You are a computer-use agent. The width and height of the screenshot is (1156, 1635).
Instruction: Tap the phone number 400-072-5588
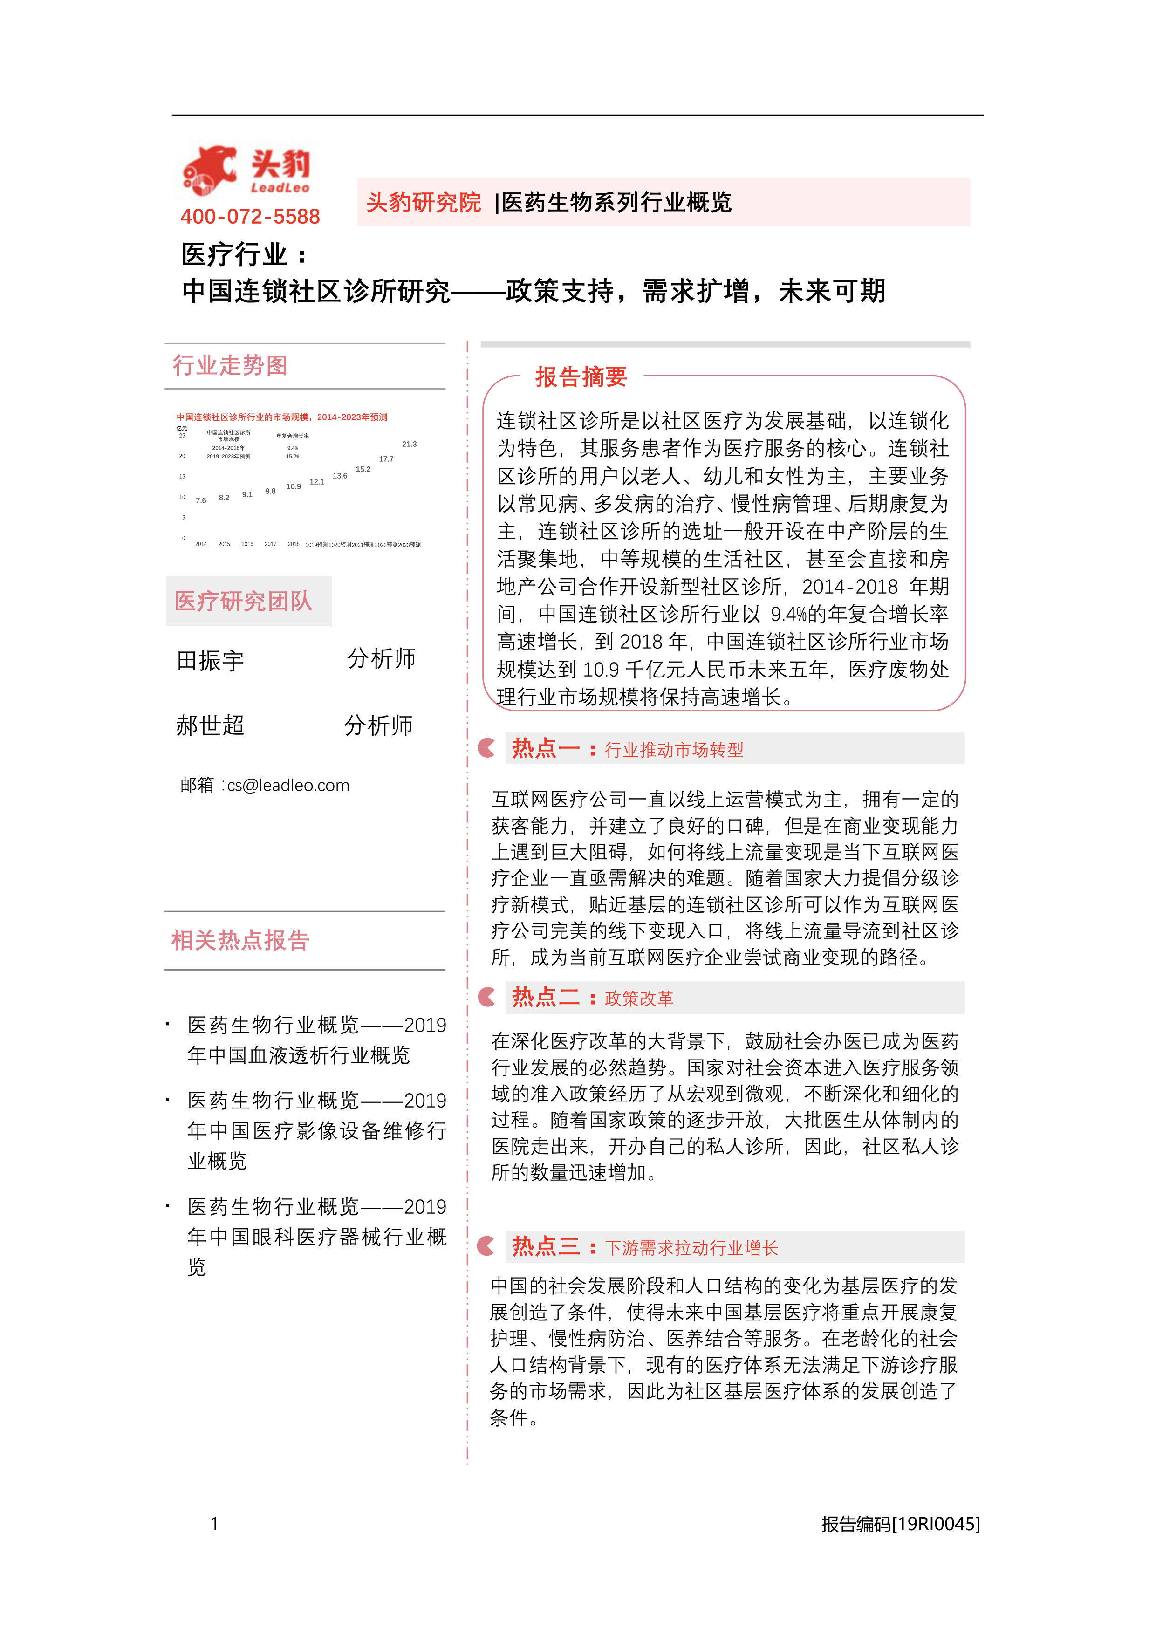pyautogui.click(x=250, y=217)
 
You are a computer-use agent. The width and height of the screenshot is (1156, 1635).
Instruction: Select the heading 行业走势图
pyautogui.click(x=230, y=365)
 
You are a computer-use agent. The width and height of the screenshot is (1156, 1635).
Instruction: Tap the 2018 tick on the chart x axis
pyautogui.click(x=294, y=544)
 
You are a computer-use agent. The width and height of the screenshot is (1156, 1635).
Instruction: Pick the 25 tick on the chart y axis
pyautogui.click(x=182, y=436)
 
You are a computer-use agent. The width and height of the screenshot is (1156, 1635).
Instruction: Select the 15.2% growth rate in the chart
pyautogui.click(x=293, y=457)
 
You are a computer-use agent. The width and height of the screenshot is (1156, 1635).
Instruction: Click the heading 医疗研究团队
pyautogui.click(x=244, y=601)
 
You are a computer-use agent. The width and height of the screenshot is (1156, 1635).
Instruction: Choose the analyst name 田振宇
pyautogui.click(x=210, y=660)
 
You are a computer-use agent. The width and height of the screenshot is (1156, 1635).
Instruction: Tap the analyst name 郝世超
pyautogui.click(x=210, y=725)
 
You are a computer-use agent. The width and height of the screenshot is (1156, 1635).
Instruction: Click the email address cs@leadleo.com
pyautogui.click(x=288, y=786)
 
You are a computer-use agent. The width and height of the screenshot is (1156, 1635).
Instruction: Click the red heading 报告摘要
pyautogui.click(x=581, y=376)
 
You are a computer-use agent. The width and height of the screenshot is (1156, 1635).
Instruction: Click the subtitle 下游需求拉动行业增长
pyautogui.click(x=691, y=1248)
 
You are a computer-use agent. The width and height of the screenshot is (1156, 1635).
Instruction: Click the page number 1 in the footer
pyautogui.click(x=214, y=1524)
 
